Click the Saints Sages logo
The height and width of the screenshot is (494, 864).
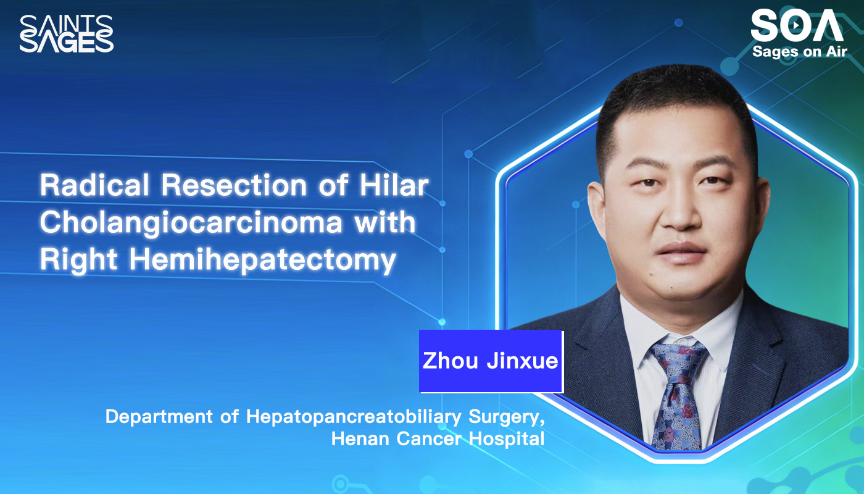coord(67,33)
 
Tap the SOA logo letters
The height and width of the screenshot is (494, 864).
coord(796,27)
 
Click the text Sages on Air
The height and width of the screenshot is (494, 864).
coord(799,52)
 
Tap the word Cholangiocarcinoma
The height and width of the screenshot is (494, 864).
coord(191,222)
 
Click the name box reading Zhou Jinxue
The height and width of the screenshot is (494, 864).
coord(491,361)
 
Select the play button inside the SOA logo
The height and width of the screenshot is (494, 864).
coord(797,25)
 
